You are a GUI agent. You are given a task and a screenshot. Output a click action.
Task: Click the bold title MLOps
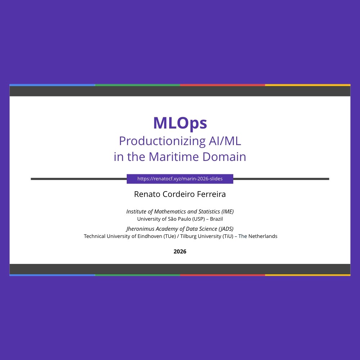[x=180, y=123]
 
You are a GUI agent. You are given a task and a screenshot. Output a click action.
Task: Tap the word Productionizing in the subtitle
[x=162, y=141]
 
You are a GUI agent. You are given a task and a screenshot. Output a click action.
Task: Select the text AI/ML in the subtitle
[x=225, y=141]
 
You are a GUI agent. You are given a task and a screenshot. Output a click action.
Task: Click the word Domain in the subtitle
[x=224, y=157]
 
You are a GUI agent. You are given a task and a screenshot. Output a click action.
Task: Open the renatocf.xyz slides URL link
[x=180, y=179]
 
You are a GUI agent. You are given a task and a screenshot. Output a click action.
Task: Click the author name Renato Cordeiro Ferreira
[x=180, y=194]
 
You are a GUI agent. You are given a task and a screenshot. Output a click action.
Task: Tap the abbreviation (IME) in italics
[x=228, y=211]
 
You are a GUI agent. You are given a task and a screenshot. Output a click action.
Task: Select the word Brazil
[x=216, y=219]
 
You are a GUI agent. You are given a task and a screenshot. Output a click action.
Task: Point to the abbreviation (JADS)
[x=226, y=229]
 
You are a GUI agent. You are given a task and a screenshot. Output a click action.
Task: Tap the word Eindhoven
[x=150, y=236]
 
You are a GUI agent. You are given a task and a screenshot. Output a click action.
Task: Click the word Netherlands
[x=263, y=236]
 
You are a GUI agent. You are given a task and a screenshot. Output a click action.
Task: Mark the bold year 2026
[x=180, y=252]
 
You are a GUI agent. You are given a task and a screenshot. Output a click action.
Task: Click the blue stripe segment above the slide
[x=52, y=85]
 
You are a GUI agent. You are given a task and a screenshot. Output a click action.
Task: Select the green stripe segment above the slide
[x=137, y=85]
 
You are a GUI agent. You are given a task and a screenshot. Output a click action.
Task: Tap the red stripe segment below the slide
[x=222, y=275]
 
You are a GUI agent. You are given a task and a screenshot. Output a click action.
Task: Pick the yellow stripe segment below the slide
[x=308, y=275]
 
